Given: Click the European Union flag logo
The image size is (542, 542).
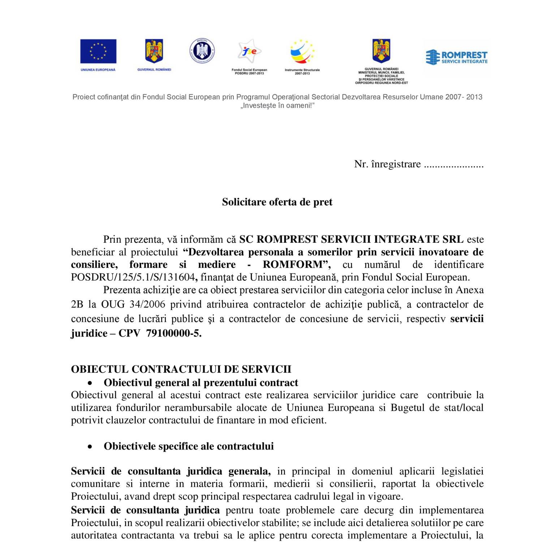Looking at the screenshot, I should [x=98, y=51].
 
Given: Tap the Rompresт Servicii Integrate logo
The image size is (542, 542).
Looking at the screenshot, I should [x=457, y=57].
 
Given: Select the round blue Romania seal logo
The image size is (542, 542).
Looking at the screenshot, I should [x=202, y=51].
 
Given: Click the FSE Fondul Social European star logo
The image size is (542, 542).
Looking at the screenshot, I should [x=249, y=51].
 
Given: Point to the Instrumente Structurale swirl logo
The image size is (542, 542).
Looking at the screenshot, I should [x=302, y=53].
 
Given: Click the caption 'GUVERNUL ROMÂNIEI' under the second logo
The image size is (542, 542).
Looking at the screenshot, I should [x=154, y=69].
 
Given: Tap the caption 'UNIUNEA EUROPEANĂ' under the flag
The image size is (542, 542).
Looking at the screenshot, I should [x=98, y=70].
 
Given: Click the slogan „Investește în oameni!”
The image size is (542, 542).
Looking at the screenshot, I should [x=278, y=106].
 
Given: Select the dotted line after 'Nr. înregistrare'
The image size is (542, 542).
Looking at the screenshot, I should [x=453, y=165].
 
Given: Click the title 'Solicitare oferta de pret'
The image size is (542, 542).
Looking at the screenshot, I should [x=277, y=202].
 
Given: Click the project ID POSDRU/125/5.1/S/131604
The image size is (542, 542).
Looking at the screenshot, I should [x=133, y=277].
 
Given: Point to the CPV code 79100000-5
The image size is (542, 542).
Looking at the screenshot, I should [x=173, y=333].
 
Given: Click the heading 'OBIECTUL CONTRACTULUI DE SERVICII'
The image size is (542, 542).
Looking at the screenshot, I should [x=181, y=369].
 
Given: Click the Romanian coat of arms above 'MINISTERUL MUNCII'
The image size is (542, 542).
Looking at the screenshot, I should [x=381, y=51].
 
